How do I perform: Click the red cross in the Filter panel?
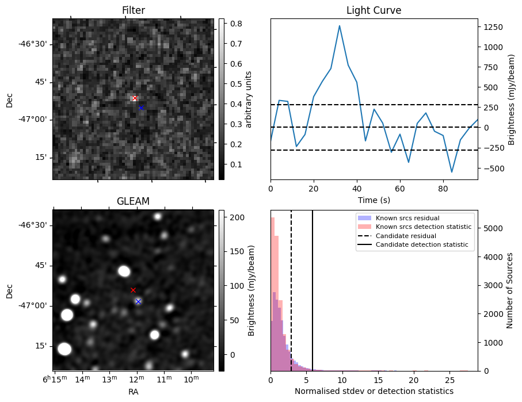click(135, 98)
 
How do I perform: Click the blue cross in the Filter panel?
click(141, 108)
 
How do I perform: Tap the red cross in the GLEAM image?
click(133, 290)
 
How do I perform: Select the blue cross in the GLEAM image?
click(138, 301)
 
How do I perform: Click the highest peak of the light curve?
click(340, 26)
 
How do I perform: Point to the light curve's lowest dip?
click(452, 172)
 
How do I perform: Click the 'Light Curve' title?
click(374, 10)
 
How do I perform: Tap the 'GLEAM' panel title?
click(133, 201)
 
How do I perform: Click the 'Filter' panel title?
click(133, 10)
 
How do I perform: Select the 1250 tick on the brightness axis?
click(493, 27)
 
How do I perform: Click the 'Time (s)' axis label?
click(374, 199)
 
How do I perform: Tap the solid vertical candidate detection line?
click(313, 288)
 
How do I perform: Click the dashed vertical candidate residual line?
click(291, 288)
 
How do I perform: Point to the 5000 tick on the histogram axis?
click(493, 228)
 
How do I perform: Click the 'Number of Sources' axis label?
click(510, 290)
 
